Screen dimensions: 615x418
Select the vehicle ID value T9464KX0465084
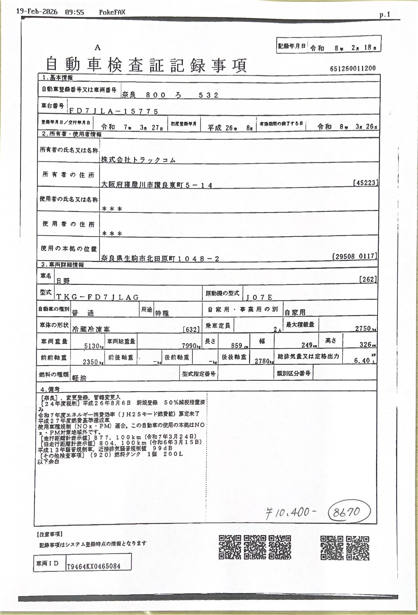(x=94, y=566)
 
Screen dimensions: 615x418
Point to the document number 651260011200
(x=353, y=69)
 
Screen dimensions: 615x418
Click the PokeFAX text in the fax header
(x=112, y=12)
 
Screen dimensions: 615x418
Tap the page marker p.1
(x=384, y=15)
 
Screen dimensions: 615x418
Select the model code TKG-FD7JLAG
(x=98, y=296)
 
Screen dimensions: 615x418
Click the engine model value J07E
(x=259, y=297)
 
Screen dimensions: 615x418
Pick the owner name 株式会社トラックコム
(x=138, y=160)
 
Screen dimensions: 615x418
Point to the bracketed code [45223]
(x=365, y=183)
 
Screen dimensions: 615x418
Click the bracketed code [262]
(x=368, y=279)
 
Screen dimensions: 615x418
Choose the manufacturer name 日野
(x=63, y=281)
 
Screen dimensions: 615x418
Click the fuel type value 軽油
(x=79, y=378)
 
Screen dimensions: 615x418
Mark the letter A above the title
(x=98, y=48)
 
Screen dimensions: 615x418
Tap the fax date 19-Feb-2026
(x=37, y=12)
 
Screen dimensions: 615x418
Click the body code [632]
(x=191, y=329)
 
